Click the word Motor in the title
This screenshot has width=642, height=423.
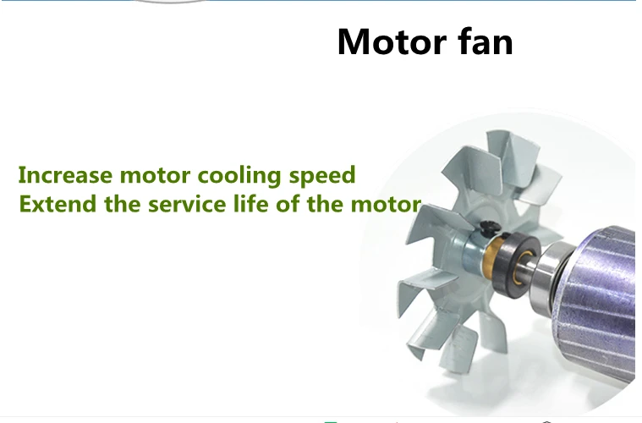[392, 41]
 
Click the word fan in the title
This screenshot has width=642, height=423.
[486, 41]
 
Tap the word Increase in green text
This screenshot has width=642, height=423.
[65, 175]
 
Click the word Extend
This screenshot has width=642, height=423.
[58, 204]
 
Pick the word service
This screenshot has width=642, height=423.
[187, 204]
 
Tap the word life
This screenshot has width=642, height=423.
[250, 204]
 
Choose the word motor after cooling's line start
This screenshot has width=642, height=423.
[155, 176]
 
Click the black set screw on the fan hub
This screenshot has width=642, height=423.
[489, 228]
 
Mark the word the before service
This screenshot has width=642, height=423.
[123, 204]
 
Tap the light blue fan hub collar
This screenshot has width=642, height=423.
[475, 250]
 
